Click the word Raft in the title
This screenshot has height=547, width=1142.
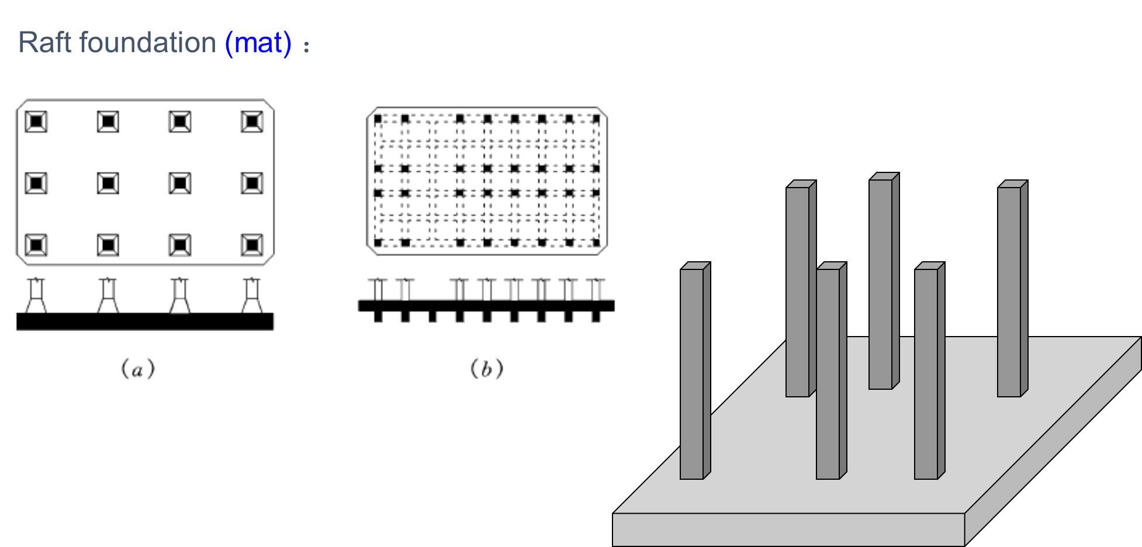[x=45, y=43]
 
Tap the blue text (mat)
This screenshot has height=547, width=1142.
[x=258, y=43]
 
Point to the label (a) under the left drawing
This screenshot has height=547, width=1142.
[x=138, y=369]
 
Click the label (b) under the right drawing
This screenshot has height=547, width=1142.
[x=487, y=369]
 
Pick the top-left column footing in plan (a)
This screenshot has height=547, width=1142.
[x=36, y=122]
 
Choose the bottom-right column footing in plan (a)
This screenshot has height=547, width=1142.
[x=252, y=245]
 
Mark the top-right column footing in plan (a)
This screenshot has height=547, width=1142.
[x=252, y=122]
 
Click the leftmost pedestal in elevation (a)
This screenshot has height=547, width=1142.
[x=36, y=296]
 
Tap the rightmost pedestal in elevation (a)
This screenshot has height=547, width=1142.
[x=252, y=296]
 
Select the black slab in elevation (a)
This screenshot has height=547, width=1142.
[x=144, y=321]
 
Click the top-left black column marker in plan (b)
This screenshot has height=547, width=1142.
[x=378, y=119]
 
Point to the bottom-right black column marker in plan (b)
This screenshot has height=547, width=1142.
[x=596, y=242]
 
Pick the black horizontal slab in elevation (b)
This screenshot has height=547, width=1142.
[x=486, y=306]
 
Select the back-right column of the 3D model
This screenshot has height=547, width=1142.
[x=1009, y=292]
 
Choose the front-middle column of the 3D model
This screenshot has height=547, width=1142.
[x=828, y=374]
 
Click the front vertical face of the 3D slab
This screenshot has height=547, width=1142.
[x=788, y=529]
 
